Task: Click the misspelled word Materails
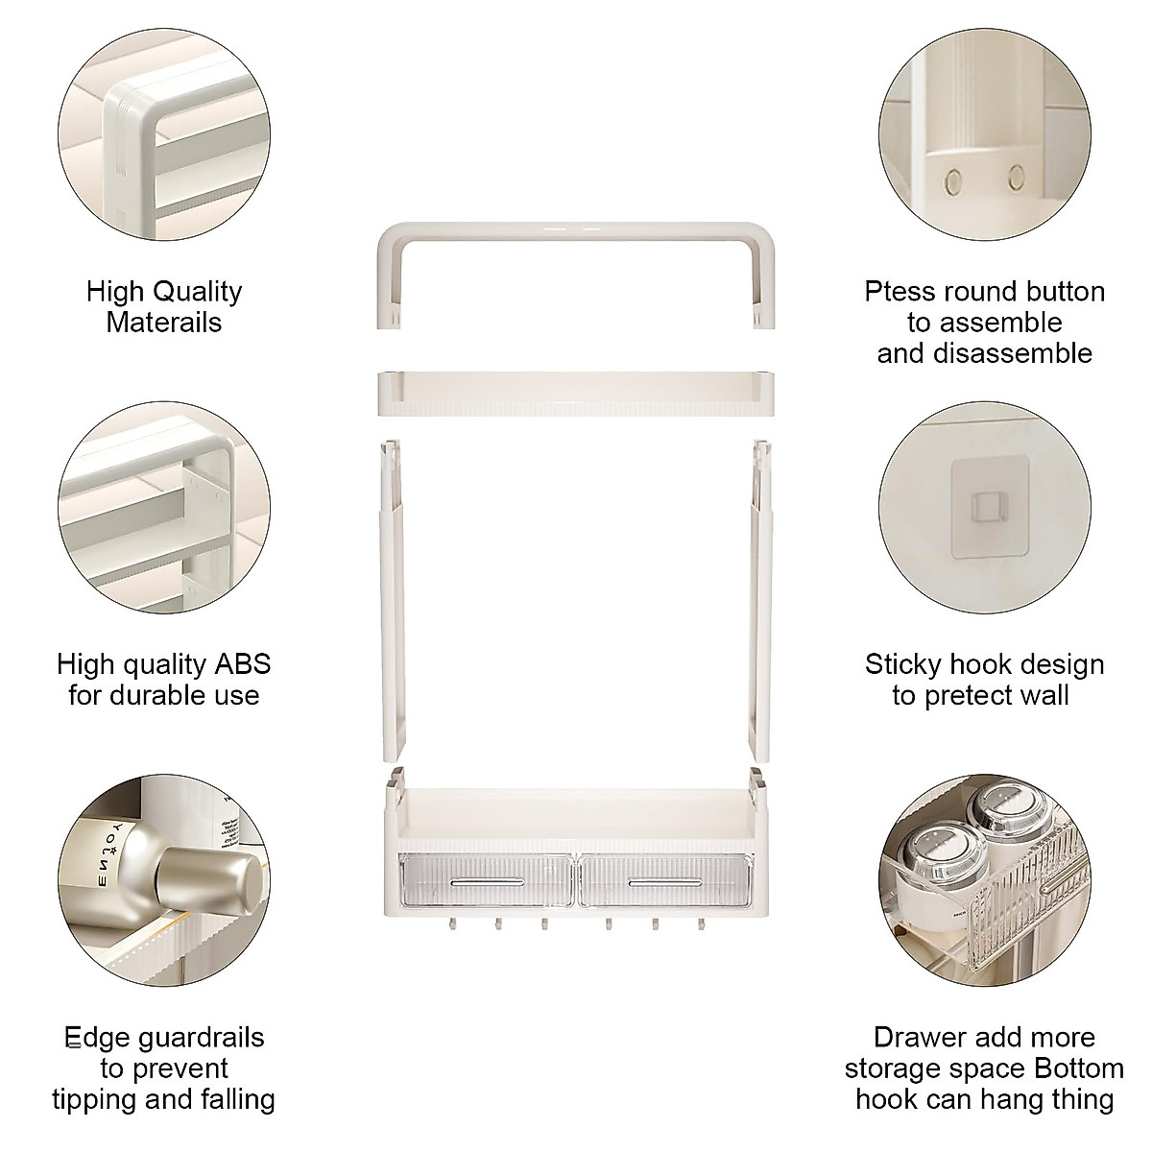point(163,322)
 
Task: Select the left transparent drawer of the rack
point(487,881)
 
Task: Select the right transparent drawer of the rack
point(661,881)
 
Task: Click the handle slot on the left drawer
point(488,880)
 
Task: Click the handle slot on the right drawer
point(662,880)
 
